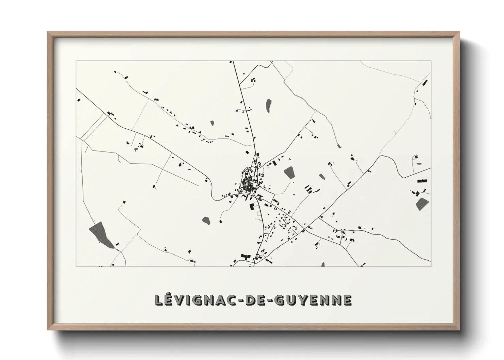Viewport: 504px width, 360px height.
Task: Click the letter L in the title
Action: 159,300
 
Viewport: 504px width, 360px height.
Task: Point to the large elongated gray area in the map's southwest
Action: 101,234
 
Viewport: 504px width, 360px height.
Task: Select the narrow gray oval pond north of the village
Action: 269,106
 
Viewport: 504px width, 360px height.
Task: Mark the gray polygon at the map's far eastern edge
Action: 422,203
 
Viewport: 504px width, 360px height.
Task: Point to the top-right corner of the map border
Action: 431,61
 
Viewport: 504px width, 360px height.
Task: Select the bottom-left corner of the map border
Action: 76,266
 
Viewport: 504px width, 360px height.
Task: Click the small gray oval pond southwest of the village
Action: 206,220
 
